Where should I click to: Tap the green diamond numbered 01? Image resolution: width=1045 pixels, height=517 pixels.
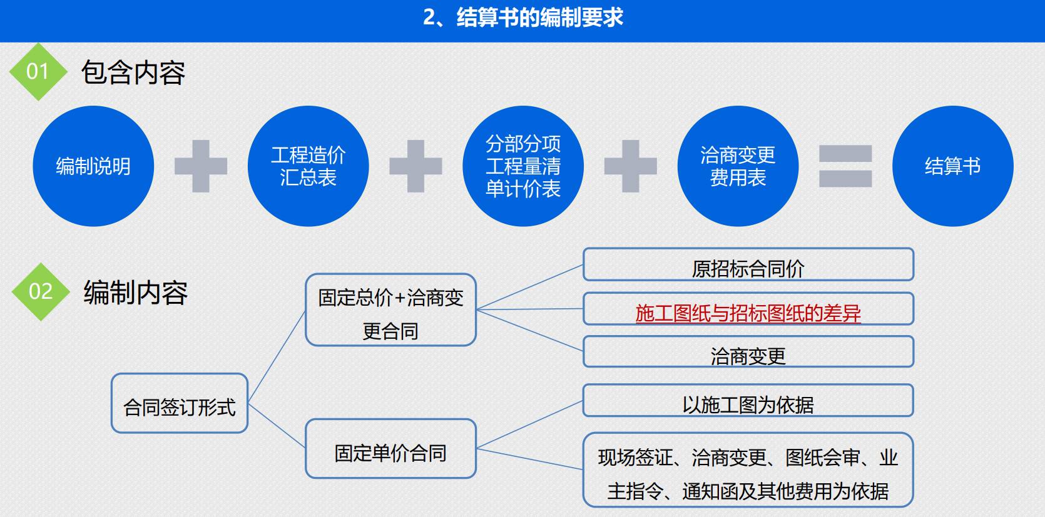tap(38, 72)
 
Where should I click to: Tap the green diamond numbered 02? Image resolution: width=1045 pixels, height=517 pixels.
tap(41, 292)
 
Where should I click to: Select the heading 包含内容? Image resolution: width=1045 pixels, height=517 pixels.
tap(133, 73)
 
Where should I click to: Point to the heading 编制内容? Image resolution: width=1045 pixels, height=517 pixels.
tap(136, 293)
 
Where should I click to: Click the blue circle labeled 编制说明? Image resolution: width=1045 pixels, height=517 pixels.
tap(93, 166)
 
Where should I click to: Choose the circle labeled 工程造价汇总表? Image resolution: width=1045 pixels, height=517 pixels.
tap(308, 166)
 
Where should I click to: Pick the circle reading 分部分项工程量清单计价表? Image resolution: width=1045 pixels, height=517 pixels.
tap(523, 166)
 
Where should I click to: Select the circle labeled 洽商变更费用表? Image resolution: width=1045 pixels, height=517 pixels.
tap(738, 166)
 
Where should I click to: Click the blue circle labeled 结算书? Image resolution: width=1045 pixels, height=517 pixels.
tap(953, 166)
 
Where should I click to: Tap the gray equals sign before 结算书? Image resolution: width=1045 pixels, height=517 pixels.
tap(845, 166)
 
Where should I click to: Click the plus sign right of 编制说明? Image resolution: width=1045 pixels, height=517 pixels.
tap(201, 166)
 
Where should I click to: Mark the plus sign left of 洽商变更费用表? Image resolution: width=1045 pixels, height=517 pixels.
tap(630, 166)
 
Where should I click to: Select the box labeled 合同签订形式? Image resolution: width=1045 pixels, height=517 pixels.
tap(180, 403)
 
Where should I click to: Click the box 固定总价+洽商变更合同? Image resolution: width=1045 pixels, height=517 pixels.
tap(391, 310)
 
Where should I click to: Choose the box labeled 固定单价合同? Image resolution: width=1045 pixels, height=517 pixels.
tap(391, 448)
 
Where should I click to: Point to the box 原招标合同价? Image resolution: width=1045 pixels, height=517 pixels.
tap(748, 264)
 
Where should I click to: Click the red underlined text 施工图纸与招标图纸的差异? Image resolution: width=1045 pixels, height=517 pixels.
tap(748, 313)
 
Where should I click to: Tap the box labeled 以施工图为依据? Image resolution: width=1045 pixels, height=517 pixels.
tap(748, 401)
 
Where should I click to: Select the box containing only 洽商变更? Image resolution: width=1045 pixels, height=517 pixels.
tap(748, 351)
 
